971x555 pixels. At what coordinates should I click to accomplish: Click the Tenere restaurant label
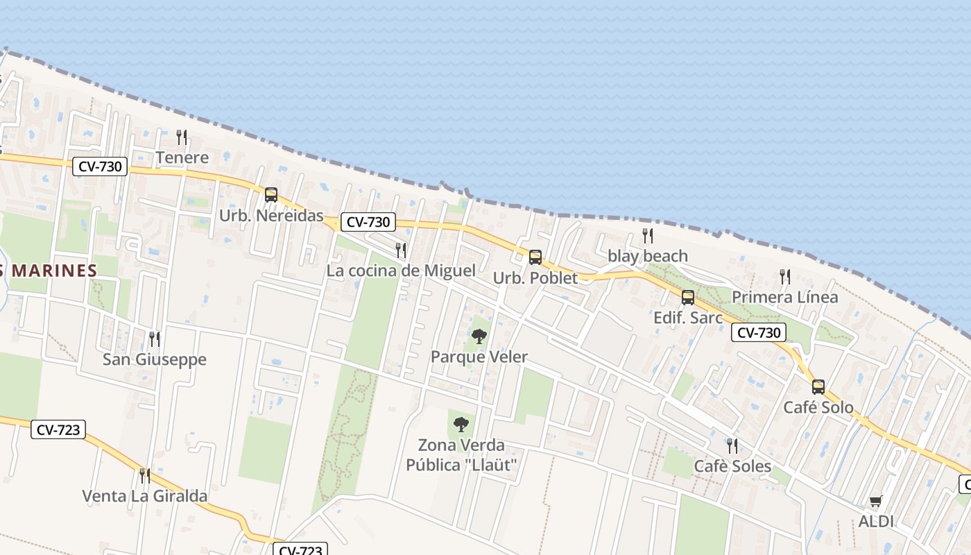click(182, 157)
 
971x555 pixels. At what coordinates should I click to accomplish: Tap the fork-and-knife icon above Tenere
click(182, 137)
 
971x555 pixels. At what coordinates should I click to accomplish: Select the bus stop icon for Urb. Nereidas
click(271, 195)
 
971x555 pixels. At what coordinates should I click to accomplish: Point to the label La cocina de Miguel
click(401, 271)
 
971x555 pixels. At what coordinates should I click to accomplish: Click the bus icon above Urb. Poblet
click(535, 257)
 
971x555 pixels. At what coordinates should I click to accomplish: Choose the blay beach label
click(648, 256)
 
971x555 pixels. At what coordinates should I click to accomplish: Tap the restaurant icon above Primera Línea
click(785, 277)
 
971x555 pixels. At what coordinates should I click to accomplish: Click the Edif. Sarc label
click(688, 318)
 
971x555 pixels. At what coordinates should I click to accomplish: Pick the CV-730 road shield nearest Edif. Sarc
click(759, 333)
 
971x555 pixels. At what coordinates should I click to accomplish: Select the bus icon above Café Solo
click(818, 387)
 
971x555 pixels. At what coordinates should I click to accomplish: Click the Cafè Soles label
click(732, 466)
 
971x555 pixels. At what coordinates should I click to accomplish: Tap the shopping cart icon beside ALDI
click(876, 501)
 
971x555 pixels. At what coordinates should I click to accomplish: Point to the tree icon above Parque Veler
click(479, 337)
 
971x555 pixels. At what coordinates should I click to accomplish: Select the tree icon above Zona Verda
click(461, 425)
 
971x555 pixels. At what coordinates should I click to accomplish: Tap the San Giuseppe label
click(155, 359)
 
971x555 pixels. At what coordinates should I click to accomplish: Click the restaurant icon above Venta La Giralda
click(145, 476)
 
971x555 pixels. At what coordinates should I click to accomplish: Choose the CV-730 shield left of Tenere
click(100, 166)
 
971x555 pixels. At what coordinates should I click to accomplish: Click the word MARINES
click(54, 271)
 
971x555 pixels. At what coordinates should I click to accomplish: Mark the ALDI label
click(876, 522)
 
